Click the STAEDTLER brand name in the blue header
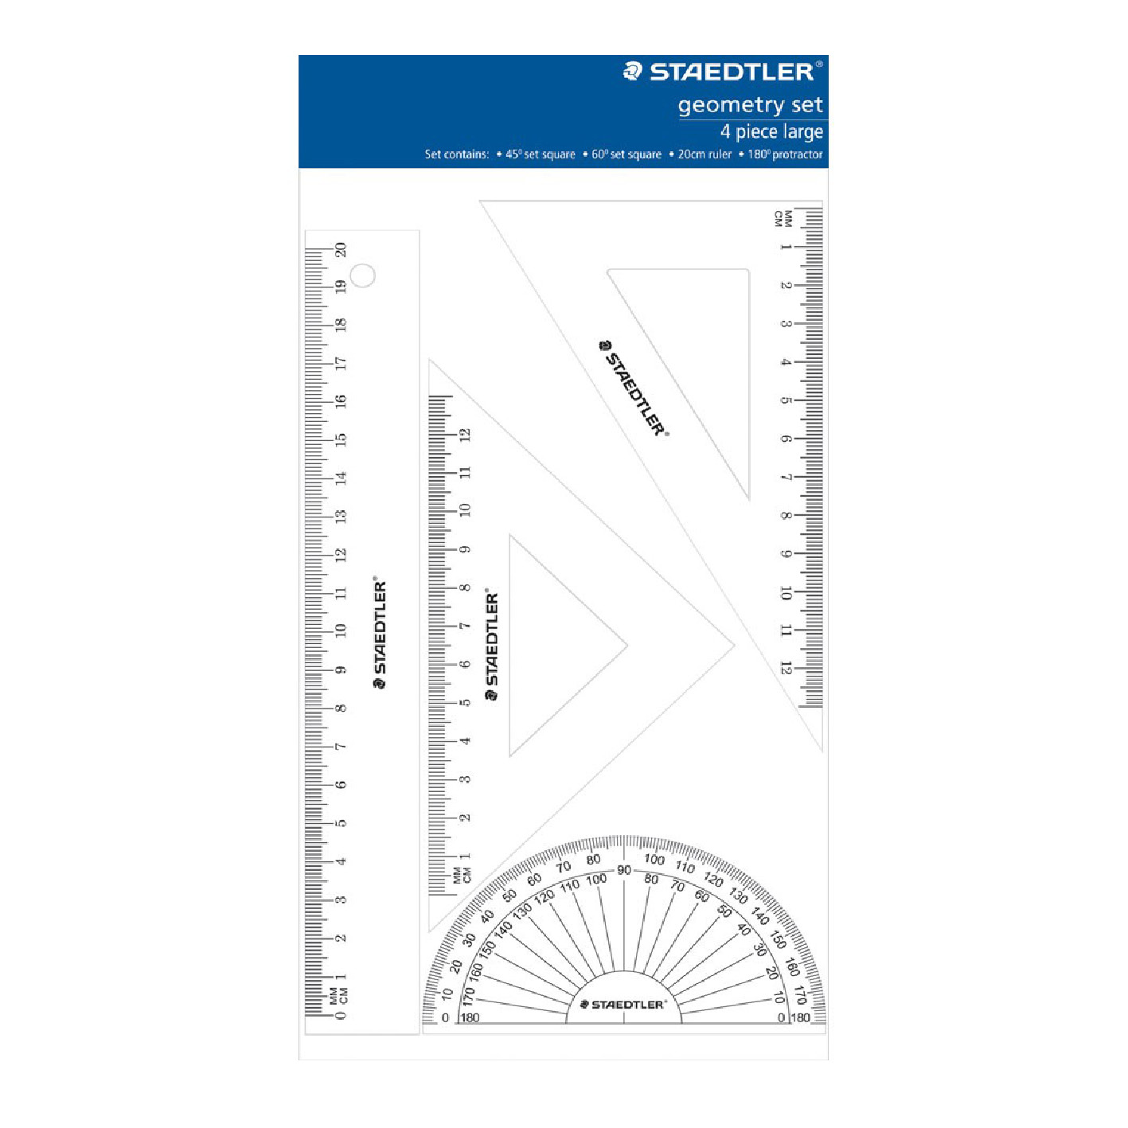pyautogui.click(x=732, y=72)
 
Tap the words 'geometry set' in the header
pyautogui.click(x=750, y=105)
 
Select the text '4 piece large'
pyautogui.click(x=771, y=132)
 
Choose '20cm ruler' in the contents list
pyautogui.click(x=704, y=154)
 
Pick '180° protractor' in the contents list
pyautogui.click(x=784, y=154)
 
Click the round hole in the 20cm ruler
pyautogui.click(x=363, y=275)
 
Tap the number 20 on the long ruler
pyautogui.click(x=341, y=249)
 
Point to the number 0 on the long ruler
pyautogui.click(x=341, y=1016)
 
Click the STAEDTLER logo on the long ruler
pyautogui.click(x=381, y=634)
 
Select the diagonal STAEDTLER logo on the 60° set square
pyautogui.click(x=634, y=388)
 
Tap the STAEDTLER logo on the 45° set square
pyautogui.click(x=492, y=646)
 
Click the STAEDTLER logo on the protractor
pyautogui.click(x=624, y=1005)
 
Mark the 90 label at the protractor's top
pyautogui.click(x=624, y=870)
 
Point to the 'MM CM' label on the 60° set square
pyautogui.click(x=783, y=219)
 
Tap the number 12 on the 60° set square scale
pyautogui.click(x=786, y=668)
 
